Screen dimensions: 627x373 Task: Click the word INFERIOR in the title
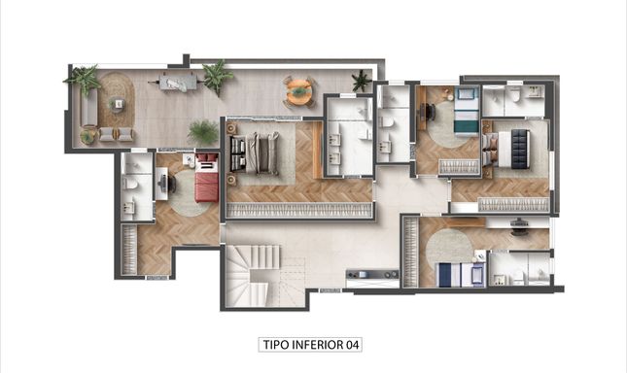pos(318,345)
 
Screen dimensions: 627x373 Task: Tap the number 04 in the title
pos(353,345)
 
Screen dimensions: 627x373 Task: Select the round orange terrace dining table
pos(297,92)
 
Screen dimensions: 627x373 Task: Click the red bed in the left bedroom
pos(207,178)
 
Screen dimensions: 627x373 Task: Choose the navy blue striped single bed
pos(460,274)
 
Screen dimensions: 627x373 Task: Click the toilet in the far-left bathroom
pos(131,185)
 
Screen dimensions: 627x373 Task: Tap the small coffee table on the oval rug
pos(118,104)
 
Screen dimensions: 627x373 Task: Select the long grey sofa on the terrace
pos(88,107)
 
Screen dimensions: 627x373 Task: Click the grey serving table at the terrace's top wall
pos(178,84)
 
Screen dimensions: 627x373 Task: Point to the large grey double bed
pos(256,153)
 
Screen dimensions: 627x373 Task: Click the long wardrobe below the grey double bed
pos(298,210)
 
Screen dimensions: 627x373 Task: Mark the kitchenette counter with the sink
pos(372,275)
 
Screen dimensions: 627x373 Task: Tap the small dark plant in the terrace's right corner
pos(362,81)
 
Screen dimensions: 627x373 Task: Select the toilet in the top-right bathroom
pos(515,94)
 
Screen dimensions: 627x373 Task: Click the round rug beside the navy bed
pos(449,246)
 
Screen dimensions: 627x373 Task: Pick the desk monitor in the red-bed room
pos(162,184)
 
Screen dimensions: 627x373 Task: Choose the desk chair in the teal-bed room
pos(431,112)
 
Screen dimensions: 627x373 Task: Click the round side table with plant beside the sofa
pos(87,136)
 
